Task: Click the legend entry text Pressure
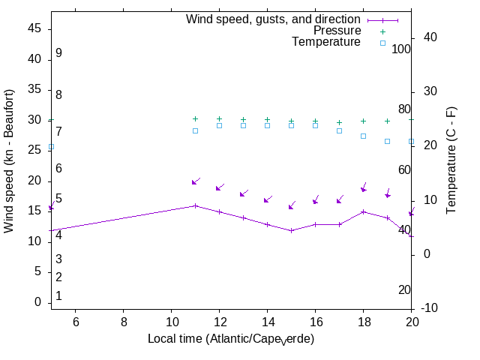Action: point(337,31)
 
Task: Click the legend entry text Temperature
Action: point(326,42)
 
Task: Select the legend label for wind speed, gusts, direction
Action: point(273,19)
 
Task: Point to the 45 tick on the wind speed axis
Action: point(34,28)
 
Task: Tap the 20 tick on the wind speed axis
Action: point(34,181)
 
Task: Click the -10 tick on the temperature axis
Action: point(435,308)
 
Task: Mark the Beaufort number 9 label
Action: point(58,53)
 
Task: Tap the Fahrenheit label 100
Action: point(402,49)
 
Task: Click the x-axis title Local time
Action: point(231,339)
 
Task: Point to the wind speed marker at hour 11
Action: point(195,205)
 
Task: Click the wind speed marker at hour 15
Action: point(291,230)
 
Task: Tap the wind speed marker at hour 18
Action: point(363,211)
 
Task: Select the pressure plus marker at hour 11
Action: point(195,118)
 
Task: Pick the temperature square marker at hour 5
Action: point(51,147)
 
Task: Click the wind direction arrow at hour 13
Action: point(243,194)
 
